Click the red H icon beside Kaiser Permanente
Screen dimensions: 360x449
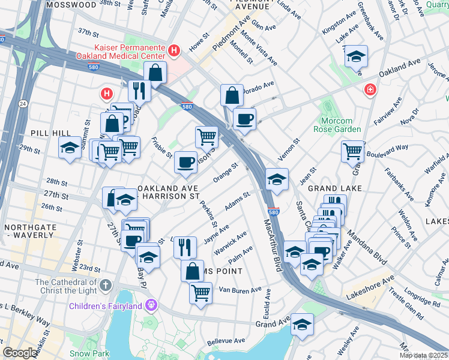[174, 50]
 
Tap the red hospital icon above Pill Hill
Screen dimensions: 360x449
[107, 94]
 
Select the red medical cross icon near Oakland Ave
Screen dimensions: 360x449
[371, 90]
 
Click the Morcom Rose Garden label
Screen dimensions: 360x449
[337, 125]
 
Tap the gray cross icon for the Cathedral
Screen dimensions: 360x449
[106, 284]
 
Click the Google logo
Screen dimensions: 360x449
[19, 353]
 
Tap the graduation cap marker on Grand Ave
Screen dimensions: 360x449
[302, 325]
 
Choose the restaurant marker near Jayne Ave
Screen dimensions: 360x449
[185, 246]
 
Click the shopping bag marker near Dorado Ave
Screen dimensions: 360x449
[232, 94]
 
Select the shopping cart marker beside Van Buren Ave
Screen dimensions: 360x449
[200, 293]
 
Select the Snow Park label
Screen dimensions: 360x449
[84, 354]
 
